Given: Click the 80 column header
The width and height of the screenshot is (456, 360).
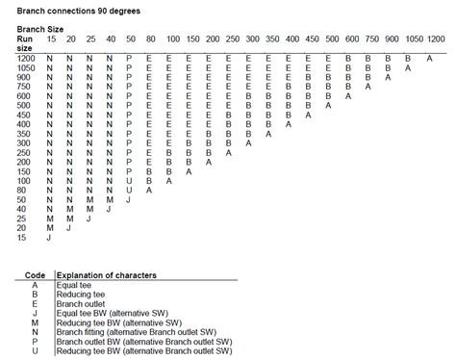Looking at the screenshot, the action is pos(150,39).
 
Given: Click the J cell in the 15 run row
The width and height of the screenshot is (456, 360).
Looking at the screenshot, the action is pos(48,237).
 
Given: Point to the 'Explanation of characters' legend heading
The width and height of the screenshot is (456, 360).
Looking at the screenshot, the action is pos(105,274).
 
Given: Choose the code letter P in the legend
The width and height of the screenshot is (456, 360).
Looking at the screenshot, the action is pos(33,342).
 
